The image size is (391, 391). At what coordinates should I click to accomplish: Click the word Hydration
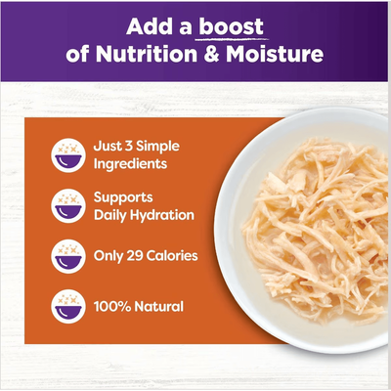[x=160, y=214]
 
